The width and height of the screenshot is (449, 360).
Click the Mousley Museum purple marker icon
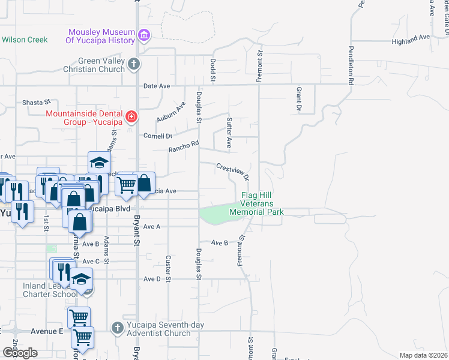[x=144, y=35]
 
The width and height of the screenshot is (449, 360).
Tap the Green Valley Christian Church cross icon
[x=133, y=64]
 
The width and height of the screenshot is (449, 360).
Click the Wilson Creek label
[x=24, y=40]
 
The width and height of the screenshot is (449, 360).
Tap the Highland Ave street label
[x=411, y=37]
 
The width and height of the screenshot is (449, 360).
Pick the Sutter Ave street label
[x=229, y=133]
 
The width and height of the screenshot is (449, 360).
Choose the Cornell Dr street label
[x=158, y=136]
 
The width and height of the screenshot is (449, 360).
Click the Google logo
[x=20, y=353]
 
